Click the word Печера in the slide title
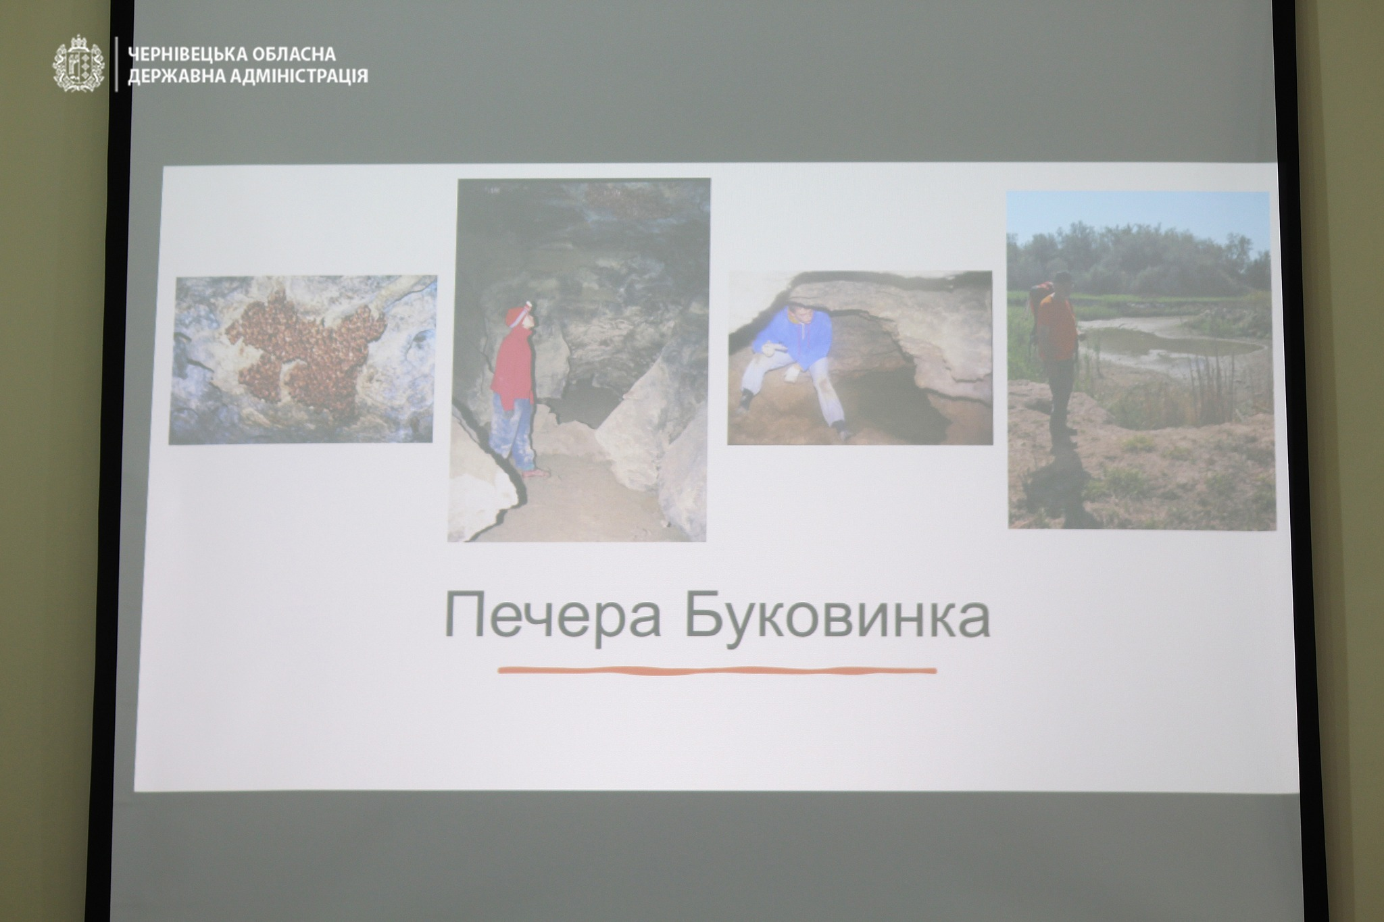553,615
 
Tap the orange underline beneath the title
717,671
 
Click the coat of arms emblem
79,63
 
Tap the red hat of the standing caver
519,315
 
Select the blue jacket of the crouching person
788,338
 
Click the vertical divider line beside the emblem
117,64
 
